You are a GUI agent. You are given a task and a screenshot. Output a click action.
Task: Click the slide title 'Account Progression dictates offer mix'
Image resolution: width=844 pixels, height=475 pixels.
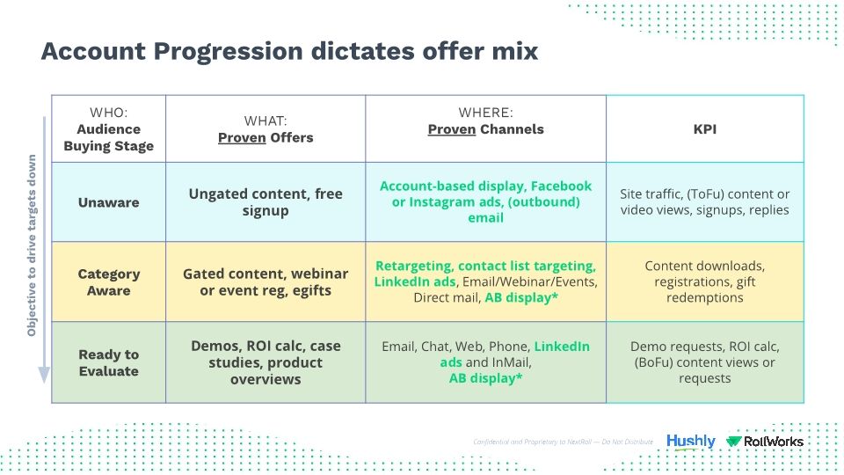(x=289, y=52)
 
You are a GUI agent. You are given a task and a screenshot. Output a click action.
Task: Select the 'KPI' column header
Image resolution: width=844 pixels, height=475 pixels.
(x=704, y=128)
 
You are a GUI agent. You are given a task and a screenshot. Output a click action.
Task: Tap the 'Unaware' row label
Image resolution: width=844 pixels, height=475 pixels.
(x=108, y=202)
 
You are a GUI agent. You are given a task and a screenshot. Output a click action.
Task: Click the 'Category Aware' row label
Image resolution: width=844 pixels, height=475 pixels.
(x=108, y=282)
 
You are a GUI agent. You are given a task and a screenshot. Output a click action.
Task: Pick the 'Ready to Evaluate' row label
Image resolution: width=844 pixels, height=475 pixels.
(x=108, y=362)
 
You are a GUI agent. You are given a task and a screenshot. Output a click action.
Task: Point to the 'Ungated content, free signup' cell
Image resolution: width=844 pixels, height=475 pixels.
(x=266, y=202)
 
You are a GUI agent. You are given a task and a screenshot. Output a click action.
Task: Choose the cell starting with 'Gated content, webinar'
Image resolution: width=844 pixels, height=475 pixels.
(x=266, y=282)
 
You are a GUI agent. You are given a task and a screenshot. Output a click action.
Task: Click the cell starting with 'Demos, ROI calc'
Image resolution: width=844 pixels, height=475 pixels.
(x=266, y=362)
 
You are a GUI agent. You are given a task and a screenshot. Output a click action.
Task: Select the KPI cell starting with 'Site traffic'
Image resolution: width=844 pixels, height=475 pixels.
(x=704, y=202)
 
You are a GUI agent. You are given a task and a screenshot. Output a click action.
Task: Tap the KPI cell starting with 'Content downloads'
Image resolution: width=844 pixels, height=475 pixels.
(x=704, y=282)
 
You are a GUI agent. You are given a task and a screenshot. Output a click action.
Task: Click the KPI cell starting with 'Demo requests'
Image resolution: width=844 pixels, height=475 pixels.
(x=704, y=362)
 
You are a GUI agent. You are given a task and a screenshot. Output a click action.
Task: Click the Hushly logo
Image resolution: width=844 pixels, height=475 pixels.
(x=690, y=442)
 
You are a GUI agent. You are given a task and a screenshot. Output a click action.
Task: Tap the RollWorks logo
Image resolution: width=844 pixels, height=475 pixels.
(x=765, y=442)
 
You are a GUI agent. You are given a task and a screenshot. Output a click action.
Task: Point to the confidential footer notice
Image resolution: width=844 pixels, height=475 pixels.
(x=563, y=442)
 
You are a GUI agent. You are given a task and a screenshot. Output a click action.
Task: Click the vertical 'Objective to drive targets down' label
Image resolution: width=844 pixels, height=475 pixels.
(x=32, y=246)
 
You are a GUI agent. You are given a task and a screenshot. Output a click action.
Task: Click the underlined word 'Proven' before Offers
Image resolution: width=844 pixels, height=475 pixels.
(x=242, y=137)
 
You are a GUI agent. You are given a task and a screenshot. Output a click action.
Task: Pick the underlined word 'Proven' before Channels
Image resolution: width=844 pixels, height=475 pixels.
(x=451, y=129)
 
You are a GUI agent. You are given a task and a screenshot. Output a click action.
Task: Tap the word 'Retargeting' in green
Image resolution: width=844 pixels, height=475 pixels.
(x=413, y=266)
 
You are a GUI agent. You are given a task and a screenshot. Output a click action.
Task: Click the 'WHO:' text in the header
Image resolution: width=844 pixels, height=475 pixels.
(x=108, y=113)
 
